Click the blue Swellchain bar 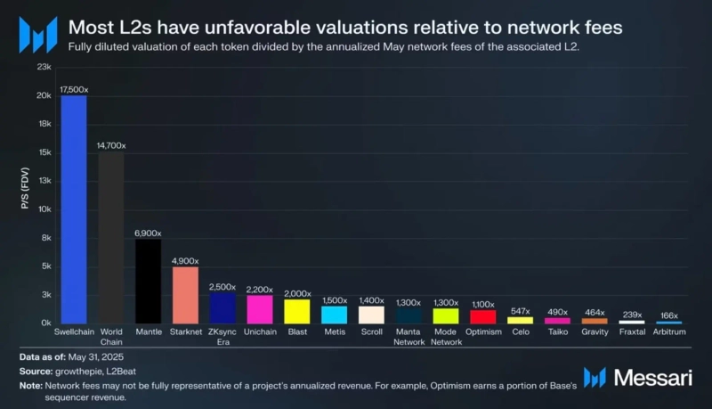pos(74,209)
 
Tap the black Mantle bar pos(148,281)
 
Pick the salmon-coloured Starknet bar pos(185,295)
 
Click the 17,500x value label pos(74,90)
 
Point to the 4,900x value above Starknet pos(185,260)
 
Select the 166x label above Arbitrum pos(668,315)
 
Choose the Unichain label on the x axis pos(260,332)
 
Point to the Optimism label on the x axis pos(482,332)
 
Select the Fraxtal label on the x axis pos(631,332)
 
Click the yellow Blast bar pos(296,311)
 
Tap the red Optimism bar pos(482,316)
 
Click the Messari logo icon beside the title pos(37,34)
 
